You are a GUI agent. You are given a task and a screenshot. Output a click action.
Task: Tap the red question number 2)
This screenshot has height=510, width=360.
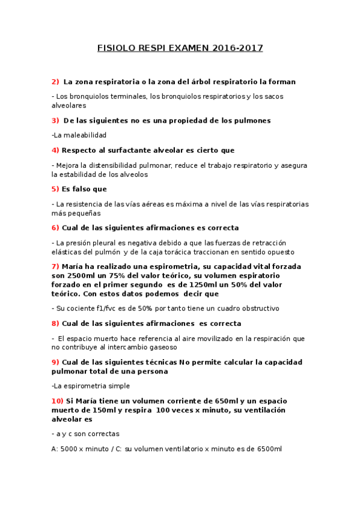(55, 82)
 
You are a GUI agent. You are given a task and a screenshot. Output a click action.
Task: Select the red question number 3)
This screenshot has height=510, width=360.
(55, 120)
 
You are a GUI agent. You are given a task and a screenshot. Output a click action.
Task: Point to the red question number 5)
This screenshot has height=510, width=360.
(55, 189)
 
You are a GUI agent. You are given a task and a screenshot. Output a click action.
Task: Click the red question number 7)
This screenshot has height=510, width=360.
(55, 266)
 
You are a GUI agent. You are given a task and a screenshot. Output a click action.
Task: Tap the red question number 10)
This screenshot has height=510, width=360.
(58, 401)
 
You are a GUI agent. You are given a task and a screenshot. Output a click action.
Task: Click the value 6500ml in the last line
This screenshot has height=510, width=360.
(269, 449)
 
